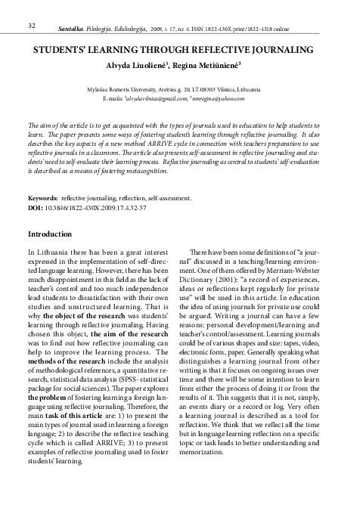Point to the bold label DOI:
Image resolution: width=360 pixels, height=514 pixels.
(x=35, y=206)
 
